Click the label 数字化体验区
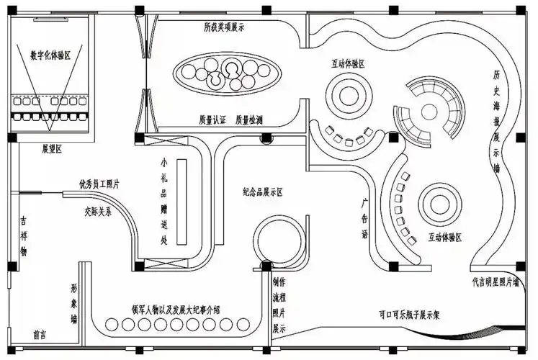tap(50, 55)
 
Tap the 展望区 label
tap(51, 149)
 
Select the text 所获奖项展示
tap(224, 28)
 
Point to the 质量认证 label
tap(212, 119)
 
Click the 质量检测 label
tap(249, 119)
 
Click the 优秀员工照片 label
tap(99, 185)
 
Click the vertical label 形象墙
tap(74, 304)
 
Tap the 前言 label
tap(40, 336)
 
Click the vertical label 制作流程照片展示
tap(278, 306)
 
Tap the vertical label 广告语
tap(365, 218)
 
